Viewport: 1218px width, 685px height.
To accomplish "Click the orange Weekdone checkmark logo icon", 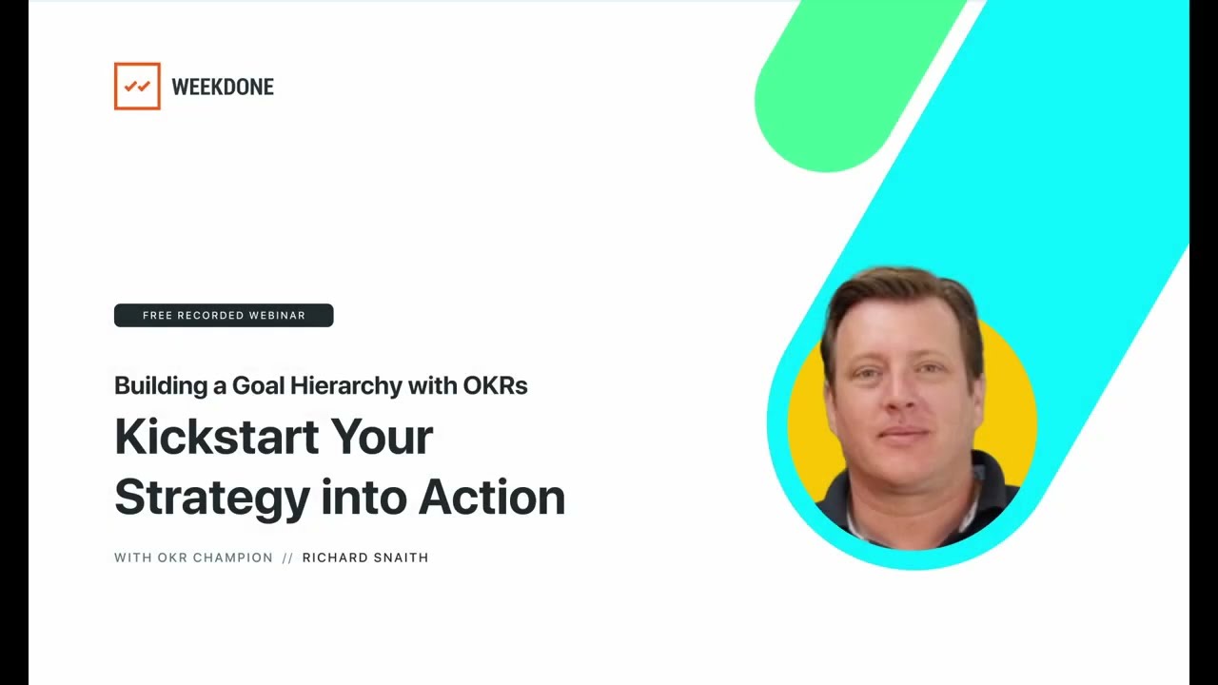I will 137,87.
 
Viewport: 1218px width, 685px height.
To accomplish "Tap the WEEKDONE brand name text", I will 222,88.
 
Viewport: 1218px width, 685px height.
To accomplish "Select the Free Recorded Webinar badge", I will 224,315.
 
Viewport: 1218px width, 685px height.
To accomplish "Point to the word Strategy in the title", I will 212,498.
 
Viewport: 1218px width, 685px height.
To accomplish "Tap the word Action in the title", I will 491,498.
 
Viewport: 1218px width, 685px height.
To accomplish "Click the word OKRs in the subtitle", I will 495,385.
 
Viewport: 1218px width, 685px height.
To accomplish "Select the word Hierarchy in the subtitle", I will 345,385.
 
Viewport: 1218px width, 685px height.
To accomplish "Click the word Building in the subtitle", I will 154,385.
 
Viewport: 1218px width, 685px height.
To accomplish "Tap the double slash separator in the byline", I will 287,558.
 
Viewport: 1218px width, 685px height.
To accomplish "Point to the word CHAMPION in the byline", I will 233,558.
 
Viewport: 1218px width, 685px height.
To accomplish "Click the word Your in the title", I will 382,437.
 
